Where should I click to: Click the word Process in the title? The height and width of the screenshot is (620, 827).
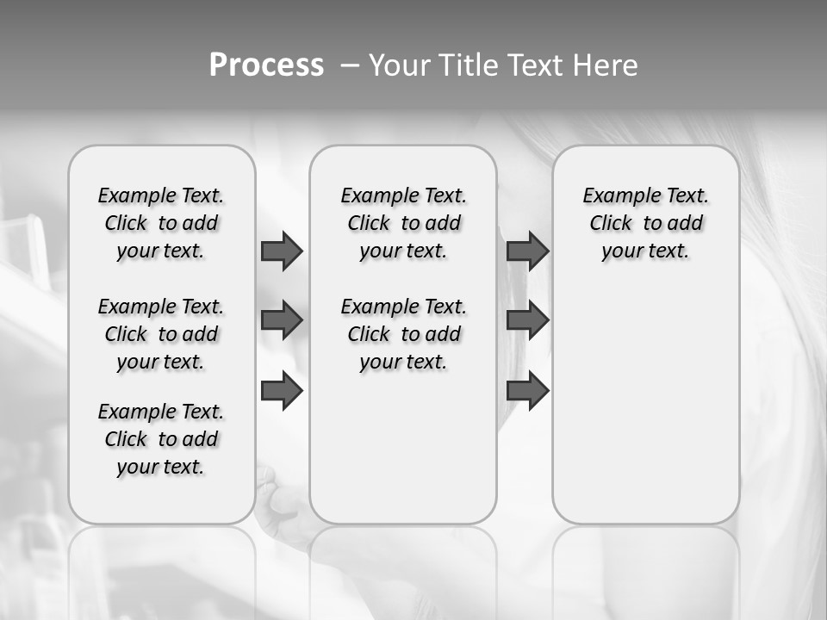[x=266, y=65]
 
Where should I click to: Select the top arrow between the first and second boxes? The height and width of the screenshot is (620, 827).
[x=282, y=251]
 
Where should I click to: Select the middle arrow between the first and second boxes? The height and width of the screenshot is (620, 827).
[x=282, y=320]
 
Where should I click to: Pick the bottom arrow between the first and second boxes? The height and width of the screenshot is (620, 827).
[x=282, y=392]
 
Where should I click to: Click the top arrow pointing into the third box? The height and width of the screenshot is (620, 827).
[x=527, y=251]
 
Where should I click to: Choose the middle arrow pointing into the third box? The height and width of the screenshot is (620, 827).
[x=527, y=320]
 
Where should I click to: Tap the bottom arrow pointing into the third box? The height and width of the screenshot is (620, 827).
[x=527, y=392]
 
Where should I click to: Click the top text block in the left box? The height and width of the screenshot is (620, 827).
[x=161, y=223]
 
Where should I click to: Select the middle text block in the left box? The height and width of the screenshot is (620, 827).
[x=161, y=334]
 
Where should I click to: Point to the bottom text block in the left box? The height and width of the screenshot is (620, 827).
[x=161, y=439]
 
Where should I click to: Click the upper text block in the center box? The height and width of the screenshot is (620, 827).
[x=403, y=223]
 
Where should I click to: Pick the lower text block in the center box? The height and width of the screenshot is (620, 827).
[x=403, y=334]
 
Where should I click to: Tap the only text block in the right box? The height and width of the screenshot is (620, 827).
[x=645, y=223]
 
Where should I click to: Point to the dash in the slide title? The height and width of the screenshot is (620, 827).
[x=349, y=65]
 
